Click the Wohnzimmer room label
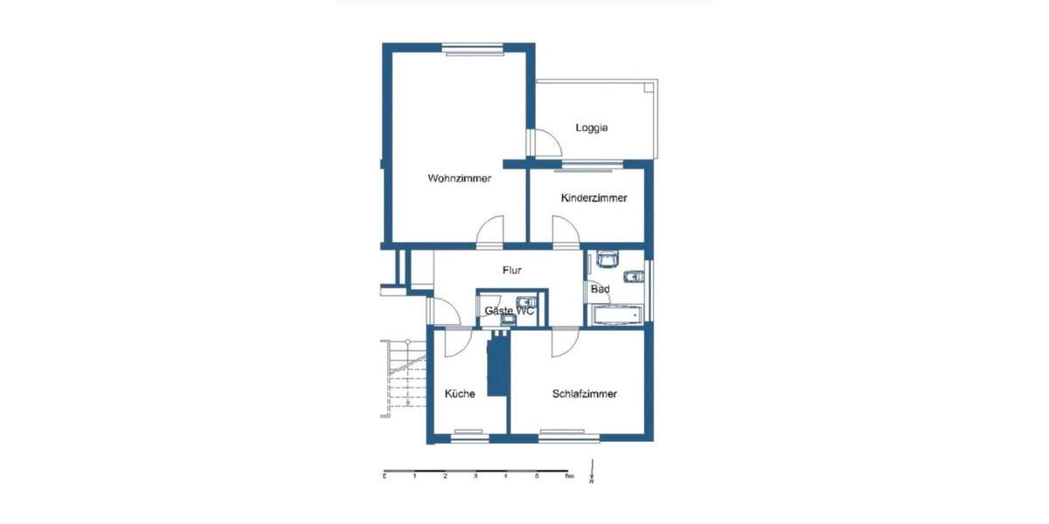coord(459,179)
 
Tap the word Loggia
coord(591,128)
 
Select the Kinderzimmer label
coord(594,198)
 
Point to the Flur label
coord(512,271)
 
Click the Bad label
coord(600,289)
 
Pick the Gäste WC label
coord(509,311)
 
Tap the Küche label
coord(460,394)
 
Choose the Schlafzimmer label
coord(585,394)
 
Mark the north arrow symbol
coord(592,472)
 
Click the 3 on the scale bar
coord(476,477)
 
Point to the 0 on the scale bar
coord(385,477)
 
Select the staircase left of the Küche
coord(399,374)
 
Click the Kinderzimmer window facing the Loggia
coord(590,164)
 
